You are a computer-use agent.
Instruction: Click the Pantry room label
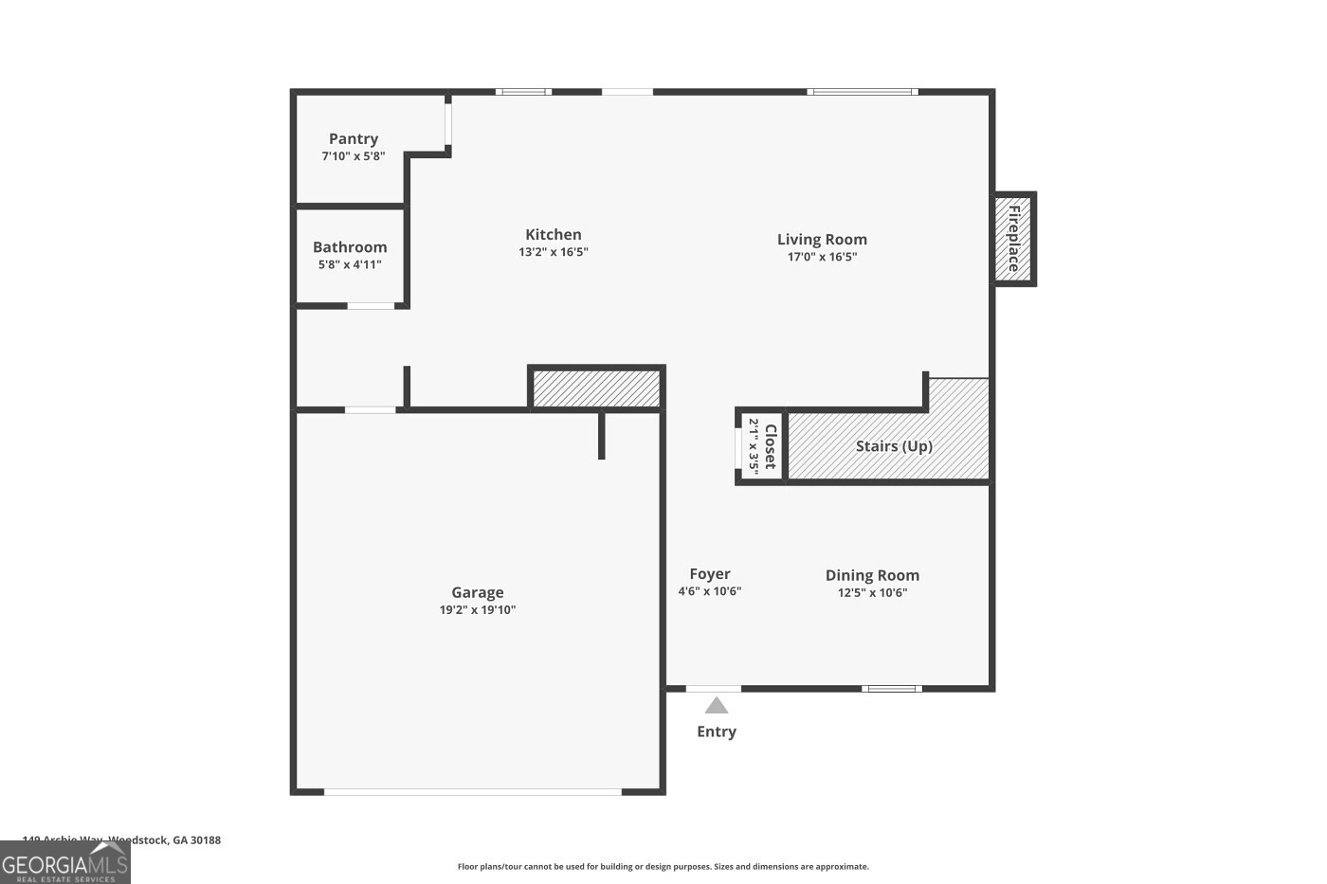(x=354, y=138)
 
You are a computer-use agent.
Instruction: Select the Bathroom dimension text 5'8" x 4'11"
(x=350, y=264)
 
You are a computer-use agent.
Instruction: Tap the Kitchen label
(x=554, y=234)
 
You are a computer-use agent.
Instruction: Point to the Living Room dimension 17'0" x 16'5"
(x=822, y=257)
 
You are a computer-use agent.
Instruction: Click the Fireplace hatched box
(x=1013, y=239)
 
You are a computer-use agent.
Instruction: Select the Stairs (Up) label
(x=894, y=445)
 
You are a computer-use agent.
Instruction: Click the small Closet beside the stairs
(x=762, y=446)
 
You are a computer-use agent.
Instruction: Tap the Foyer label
(x=709, y=573)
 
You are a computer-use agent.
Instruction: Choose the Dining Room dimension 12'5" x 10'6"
(x=872, y=592)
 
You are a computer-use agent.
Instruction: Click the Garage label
(x=477, y=592)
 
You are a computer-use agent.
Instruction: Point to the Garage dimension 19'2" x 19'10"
(x=477, y=610)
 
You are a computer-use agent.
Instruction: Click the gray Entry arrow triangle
(x=717, y=705)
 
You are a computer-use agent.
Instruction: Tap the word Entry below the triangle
(x=717, y=731)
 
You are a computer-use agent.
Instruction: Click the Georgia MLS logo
(x=64, y=863)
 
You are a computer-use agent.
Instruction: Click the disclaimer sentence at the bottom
(x=663, y=866)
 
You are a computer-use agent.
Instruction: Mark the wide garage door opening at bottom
(x=472, y=791)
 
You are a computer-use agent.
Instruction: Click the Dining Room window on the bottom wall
(x=891, y=689)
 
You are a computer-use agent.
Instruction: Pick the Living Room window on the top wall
(x=862, y=92)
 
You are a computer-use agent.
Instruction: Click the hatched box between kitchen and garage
(x=596, y=388)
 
